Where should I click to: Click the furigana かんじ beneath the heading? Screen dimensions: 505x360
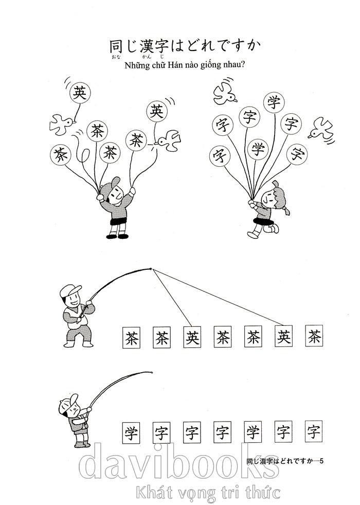click(x=152, y=58)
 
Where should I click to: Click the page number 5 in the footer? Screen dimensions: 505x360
click(x=321, y=460)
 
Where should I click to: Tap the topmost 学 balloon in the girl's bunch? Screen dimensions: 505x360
click(x=273, y=102)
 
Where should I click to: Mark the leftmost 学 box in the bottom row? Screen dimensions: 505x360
click(x=131, y=431)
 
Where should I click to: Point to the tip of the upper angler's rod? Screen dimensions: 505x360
click(x=150, y=268)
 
